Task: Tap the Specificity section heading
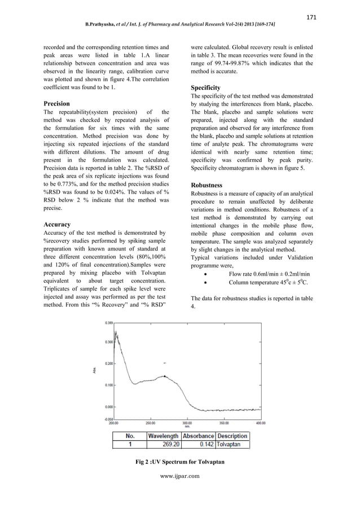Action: click(x=205, y=88)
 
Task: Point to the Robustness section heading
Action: click(x=207, y=185)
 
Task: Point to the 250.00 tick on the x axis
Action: click(x=150, y=422)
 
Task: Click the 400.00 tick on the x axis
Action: click(x=261, y=422)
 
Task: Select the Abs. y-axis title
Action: click(x=94, y=370)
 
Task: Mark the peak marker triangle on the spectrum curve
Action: click(x=164, y=375)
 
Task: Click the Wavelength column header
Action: click(x=164, y=436)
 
